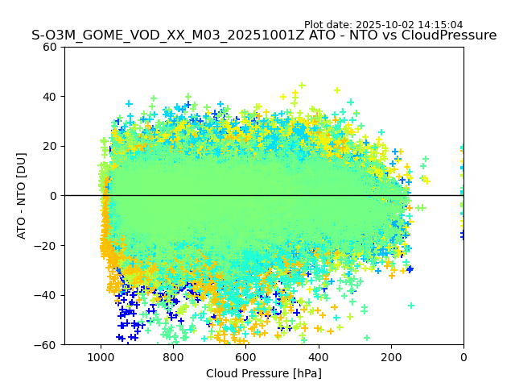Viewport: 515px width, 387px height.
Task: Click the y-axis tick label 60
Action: pyautogui.click(x=51, y=47)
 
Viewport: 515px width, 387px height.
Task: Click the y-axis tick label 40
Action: pyautogui.click(x=51, y=97)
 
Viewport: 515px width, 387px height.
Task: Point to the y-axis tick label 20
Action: pyautogui.click(x=51, y=146)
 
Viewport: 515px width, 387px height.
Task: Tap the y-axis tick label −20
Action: pyautogui.click(x=47, y=246)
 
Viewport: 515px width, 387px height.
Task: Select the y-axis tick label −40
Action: pyautogui.click(x=47, y=295)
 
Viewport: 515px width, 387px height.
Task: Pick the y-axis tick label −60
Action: pyautogui.click(x=47, y=345)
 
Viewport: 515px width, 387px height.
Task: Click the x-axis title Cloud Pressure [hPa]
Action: pyautogui.click(x=264, y=373)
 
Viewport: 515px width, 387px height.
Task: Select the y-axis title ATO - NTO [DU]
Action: pyautogui.click(x=22, y=195)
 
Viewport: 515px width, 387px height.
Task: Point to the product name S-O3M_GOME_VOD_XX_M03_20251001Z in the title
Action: pyautogui.click(x=168, y=35)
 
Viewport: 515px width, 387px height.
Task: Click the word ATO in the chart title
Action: pyautogui.click(x=324, y=35)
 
